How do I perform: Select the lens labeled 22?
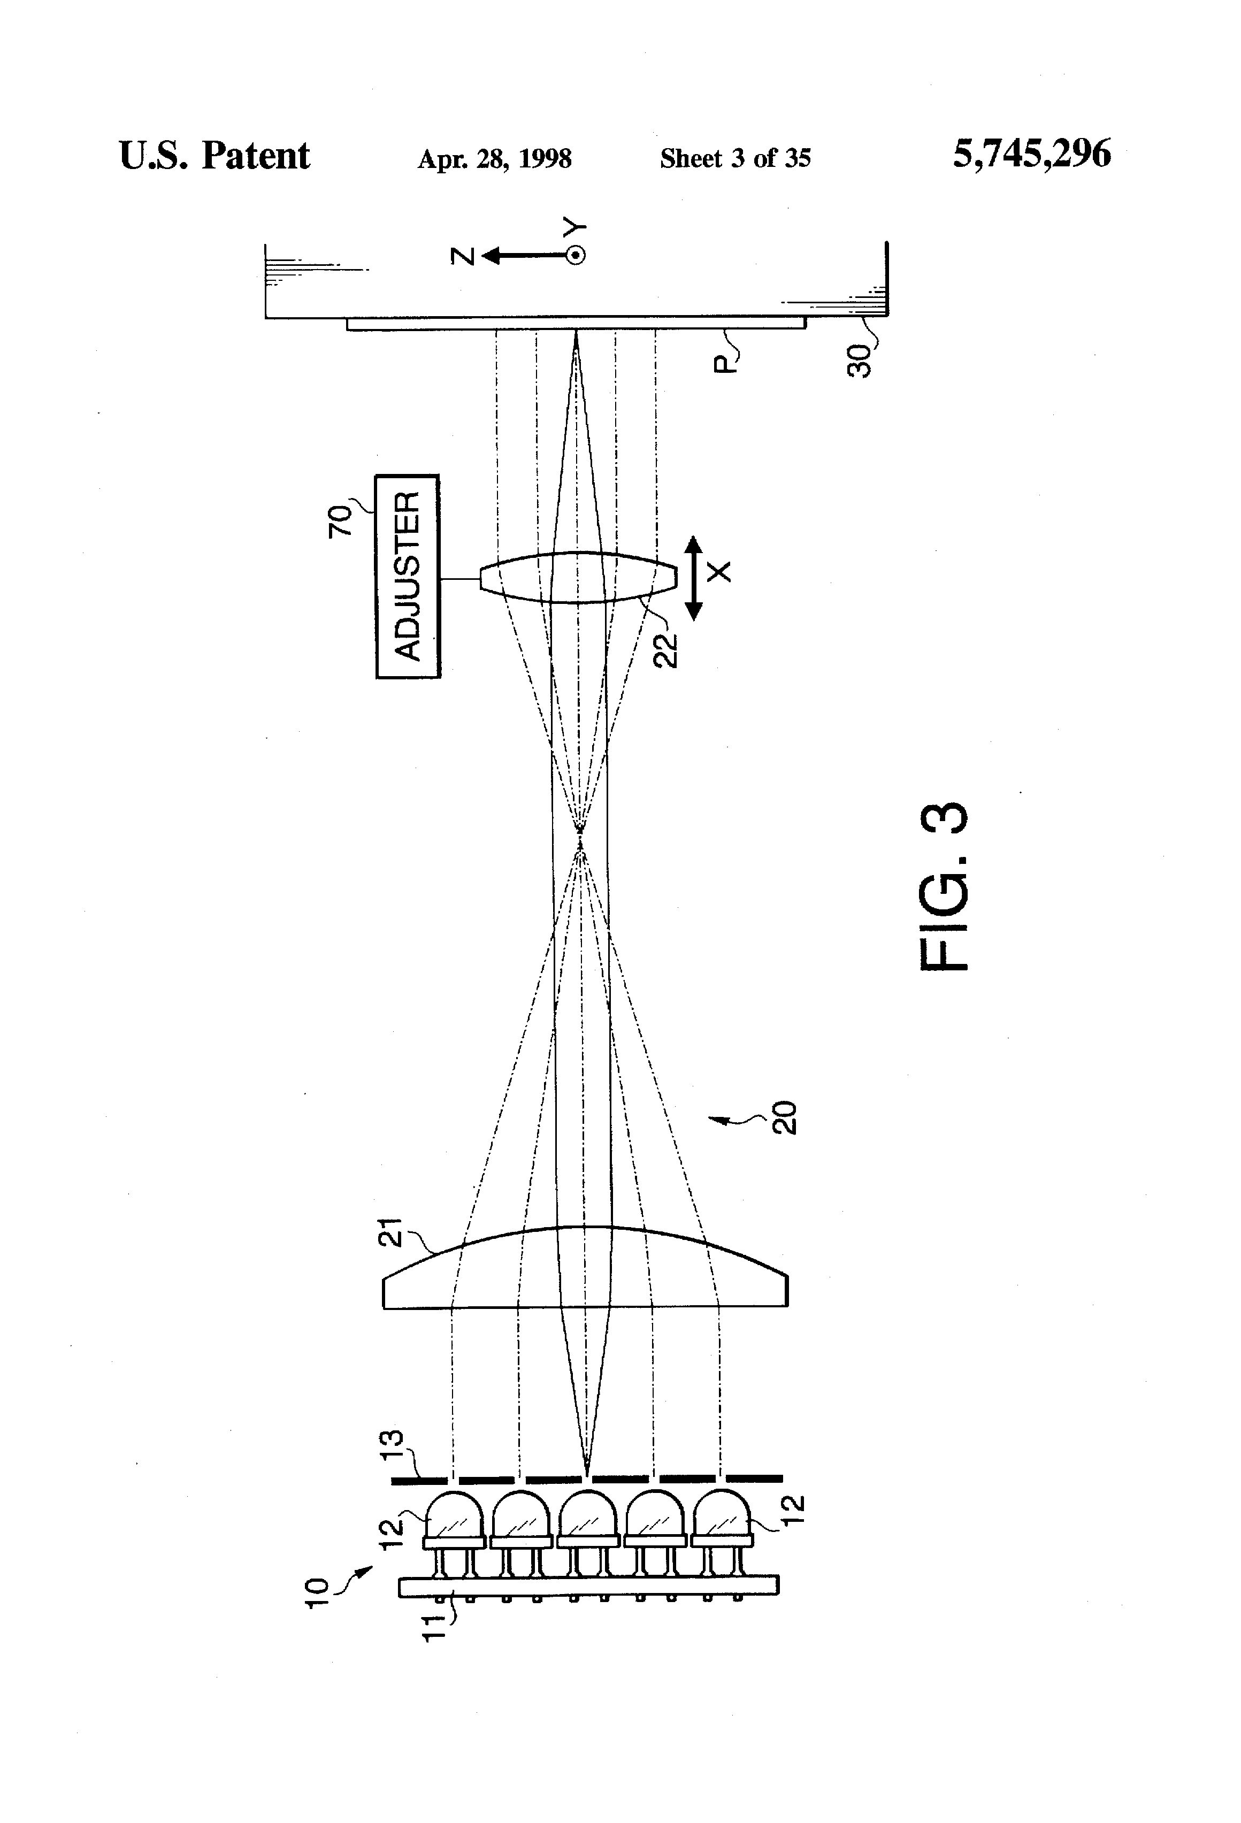coord(578,577)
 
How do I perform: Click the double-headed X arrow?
coord(693,577)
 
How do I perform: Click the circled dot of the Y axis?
coord(576,255)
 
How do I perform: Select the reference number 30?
coord(861,361)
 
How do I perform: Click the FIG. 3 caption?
coord(944,886)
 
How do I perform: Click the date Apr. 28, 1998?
coord(494,159)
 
